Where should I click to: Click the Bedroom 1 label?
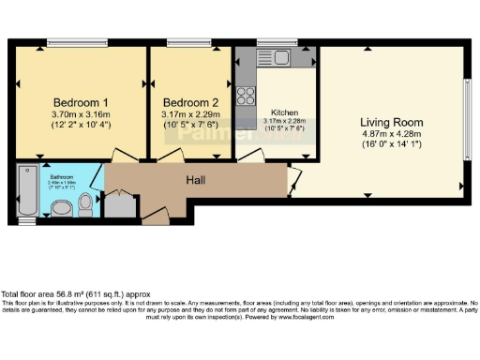coord(80,102)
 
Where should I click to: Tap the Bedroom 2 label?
coord(190,102)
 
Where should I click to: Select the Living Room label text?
coord(391,123)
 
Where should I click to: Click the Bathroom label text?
coord(62,175)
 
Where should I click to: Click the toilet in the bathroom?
coord(85,202)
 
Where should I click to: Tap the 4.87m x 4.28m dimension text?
coord(391,134)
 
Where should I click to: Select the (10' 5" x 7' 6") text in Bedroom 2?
coord(190,125)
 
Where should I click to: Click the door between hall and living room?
coord(321,177)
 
